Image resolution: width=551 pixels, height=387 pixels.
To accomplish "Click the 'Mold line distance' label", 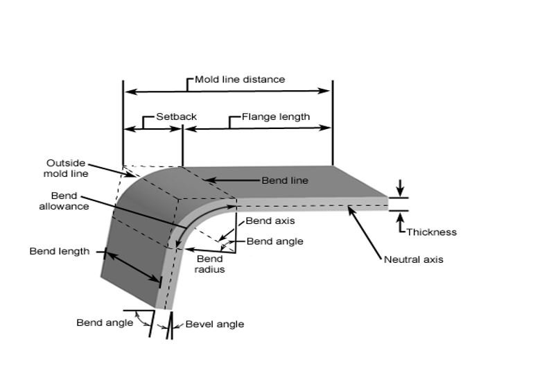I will [x=239, y=79].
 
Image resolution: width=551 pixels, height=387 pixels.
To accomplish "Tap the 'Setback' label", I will [x=176, y=117].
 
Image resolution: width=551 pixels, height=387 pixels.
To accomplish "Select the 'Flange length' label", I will [x=275, y=117].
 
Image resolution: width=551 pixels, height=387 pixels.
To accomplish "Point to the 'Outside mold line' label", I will [x=66, y=169].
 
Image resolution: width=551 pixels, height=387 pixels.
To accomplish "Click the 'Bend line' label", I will [x=284, y=180].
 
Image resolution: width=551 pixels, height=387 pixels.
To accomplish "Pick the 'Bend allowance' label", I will [x=69, y=201].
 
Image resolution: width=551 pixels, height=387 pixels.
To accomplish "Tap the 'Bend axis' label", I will [x=270, y=221].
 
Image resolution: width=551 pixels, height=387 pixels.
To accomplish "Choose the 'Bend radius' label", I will [x=209, y=264].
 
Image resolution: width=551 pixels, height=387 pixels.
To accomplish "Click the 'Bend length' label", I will [x=59, y=251].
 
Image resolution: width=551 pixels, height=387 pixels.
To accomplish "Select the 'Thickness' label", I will [x=431, y=232].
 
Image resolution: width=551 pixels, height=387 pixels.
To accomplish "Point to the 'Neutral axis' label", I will [x=413, y=260].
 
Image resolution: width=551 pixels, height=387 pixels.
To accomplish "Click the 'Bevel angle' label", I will [x=214, y=324].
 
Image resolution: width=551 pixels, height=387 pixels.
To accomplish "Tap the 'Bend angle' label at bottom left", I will [x=104, y=322].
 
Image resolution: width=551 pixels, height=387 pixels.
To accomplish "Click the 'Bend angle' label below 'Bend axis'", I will [x=274, y=242].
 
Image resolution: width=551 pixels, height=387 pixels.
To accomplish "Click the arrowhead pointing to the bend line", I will [x=205, y=180].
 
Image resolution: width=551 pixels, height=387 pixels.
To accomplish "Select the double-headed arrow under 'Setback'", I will [x=152, y=129].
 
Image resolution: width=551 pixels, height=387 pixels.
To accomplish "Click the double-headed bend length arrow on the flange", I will [x=133, y=267].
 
